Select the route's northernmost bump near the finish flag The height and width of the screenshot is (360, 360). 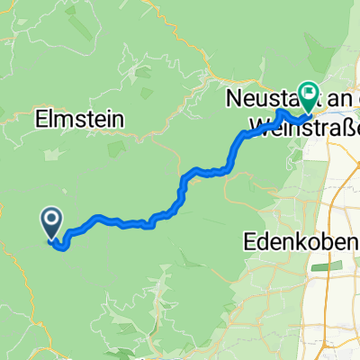pyautogui.click(x=282, y=112)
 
